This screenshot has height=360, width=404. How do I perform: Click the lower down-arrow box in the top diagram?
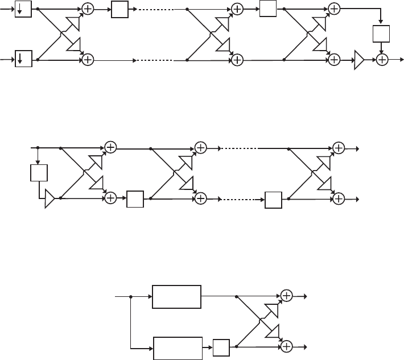pyautogui.click(x=23, y=59)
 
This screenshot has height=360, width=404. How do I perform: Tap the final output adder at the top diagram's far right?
pyautogui.click(x=382, y=59)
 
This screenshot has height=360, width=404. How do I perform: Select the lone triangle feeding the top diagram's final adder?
pyautogui.click(x=360, y=59)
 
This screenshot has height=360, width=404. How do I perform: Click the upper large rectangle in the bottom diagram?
pyautogui.click(x=176, y=296)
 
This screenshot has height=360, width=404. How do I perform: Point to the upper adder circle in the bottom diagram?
pyautogui.click(x=286, y=296)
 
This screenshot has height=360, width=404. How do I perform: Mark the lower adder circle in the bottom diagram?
pyautogui.click(x=286, y=346)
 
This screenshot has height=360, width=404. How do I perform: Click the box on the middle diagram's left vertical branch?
pyautogui.click(x=38, y=173)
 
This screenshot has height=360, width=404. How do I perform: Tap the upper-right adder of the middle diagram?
pyautogui.click(x=339, y=148)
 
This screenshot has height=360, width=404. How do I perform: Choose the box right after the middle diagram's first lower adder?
pyautogui.click(x=135, y=198)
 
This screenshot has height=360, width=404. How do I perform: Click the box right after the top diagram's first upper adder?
pyautogui.click(x=120, y=10)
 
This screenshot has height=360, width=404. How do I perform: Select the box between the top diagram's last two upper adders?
pyautogui.click(x=267, y=10)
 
